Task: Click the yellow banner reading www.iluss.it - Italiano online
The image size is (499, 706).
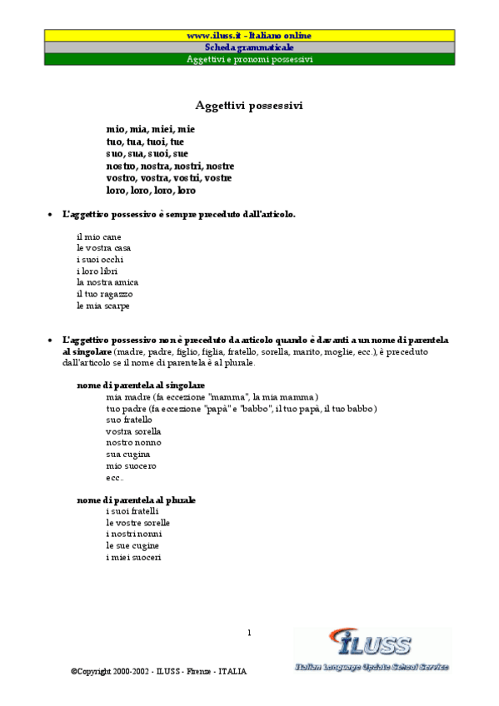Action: click(x=249, y=36)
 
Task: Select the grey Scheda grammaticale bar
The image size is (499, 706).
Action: click(x=249, y=47)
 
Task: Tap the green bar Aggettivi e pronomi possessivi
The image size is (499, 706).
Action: click(x=249, y=60)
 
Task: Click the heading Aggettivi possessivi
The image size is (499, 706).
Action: click(x=249, y=105)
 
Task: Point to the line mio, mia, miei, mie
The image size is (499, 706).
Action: click(x=150, y=130)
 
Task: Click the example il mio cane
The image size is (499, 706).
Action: click(x=98, y=236)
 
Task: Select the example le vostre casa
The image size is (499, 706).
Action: click(x=103, y=248)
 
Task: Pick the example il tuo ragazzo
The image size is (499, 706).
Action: click(x=104, y=294)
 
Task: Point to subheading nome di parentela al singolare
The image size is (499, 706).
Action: click(x=141, y=385)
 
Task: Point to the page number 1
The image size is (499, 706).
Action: click(x=249, y=634)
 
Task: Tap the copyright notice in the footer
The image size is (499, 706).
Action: click(x=158, y=671)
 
